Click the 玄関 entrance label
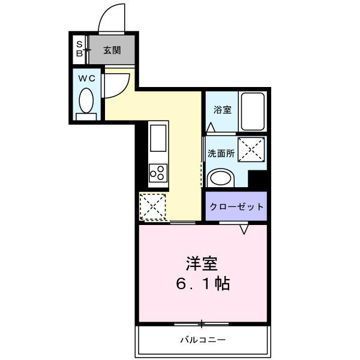pyautogui.click(x=112, y=50)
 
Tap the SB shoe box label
pyautogui.click(x=79, y=48)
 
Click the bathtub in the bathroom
pyautogui.click(x=253, y=112)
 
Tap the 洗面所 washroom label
pyautogui.click(x=220, y=152)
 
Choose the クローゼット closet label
pyautogui.click(x=236, y=207)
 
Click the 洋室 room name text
pyautogui.click(x=200, y=263)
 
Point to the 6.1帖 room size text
pyautogui.click(x=203, y=284)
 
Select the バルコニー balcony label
pyautogui.click(x=203, y=340)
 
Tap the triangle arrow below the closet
pyautogui.click(x=244, y=229)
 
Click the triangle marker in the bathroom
pyautogui.click(x=211, y=128)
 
